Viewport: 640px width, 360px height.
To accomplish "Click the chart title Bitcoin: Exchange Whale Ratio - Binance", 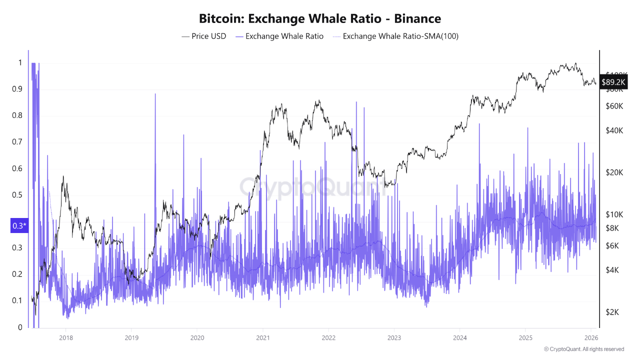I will pyautogui.click(x=320, y=19).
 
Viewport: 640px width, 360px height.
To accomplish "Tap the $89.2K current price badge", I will pyautogui.click(x=613, y=82).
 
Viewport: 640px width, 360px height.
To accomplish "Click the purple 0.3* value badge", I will pyautogui.click(x=19, y=226).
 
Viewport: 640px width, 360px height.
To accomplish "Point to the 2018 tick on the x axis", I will pyautogui.click(x=65, y=337).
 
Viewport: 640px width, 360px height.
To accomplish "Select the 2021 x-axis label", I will pyautogui.click(x=262, y=337).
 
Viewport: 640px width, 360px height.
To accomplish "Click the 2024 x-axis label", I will pyautogui.click(x=459, y=337).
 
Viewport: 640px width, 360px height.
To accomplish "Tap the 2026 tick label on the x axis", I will pyautogui.click(x=591, y=337).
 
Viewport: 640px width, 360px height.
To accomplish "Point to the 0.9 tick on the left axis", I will pyautogui.click(x=19, y=89).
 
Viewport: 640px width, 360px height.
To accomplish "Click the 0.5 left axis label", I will pyautogui.click(x=19, y=194).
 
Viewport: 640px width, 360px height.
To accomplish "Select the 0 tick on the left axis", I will pyautogui.click(x=19, y=327).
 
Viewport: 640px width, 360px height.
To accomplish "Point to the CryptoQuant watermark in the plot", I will pyautogui.click(x=312, y=187).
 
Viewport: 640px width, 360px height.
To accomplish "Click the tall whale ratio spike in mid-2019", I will pyautogui.click(x=155, y=95).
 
